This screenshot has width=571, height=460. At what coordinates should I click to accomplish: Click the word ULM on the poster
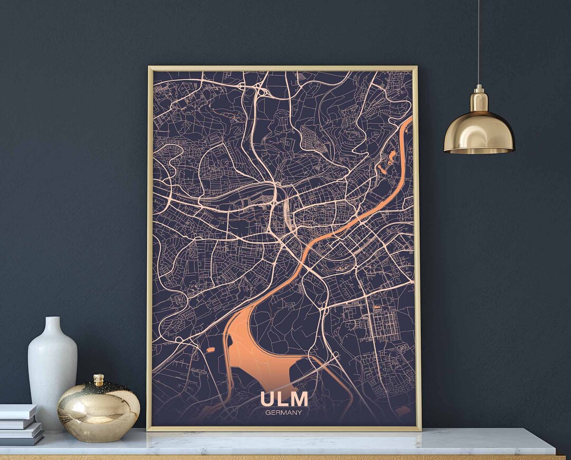(x=284, y=399)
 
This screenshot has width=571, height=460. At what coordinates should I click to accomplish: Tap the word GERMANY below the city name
(x=284, y=412)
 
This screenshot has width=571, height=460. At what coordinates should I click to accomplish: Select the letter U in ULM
(x=268, y=399)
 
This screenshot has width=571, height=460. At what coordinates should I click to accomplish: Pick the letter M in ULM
(x=299, y=399)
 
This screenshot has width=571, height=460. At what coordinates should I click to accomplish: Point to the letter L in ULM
(x=283, y=399)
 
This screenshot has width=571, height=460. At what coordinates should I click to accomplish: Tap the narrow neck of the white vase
(x=52, y=325)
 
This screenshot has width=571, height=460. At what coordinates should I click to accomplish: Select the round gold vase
(x=98, y=410)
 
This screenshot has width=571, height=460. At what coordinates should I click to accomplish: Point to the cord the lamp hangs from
(x=478, y=42)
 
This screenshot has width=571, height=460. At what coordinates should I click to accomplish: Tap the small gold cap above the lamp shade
(x=479, y=98)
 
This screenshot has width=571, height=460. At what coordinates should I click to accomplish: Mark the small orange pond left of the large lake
(x=210, y=349)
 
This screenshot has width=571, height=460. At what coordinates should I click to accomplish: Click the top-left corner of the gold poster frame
(x=150, y=68)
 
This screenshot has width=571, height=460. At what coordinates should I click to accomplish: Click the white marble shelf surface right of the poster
(x=486, y=439)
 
